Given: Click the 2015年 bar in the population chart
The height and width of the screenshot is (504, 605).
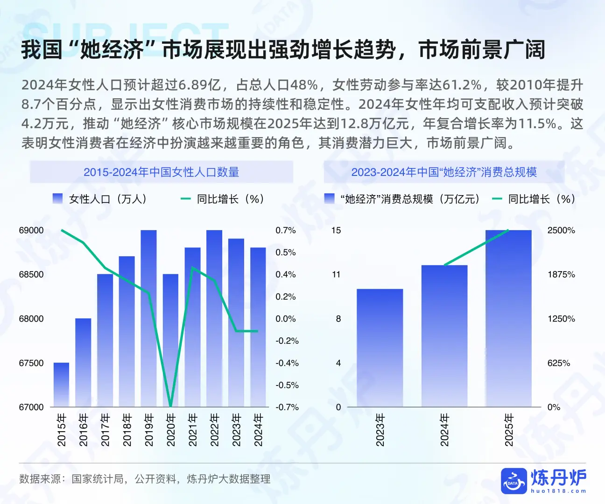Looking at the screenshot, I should click(61, 385).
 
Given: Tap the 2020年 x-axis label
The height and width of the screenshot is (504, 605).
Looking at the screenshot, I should click(171, 430).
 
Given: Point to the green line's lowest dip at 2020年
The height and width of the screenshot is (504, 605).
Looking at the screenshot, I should click(170, 405).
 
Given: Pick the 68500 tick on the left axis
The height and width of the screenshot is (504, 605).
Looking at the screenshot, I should click(31, 274).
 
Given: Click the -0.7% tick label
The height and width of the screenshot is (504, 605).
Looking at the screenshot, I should click(287, 407).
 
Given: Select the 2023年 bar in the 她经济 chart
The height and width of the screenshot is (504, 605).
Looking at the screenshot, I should click(380, 348).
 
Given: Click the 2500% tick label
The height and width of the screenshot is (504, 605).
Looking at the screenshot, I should click(561, 231).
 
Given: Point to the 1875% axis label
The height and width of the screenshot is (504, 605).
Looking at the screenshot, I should click(561, 274).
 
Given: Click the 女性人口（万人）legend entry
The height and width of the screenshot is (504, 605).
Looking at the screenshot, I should click(100, 199).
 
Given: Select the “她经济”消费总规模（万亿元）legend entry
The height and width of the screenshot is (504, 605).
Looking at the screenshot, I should click(402, 199).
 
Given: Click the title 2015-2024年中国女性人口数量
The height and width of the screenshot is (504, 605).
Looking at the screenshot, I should click(161, 172).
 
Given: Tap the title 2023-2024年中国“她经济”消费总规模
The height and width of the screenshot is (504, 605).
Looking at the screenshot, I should click(444, 172).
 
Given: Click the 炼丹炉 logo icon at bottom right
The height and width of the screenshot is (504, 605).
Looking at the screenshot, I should click(514, 481).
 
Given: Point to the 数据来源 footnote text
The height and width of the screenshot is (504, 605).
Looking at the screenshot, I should click(145, 479).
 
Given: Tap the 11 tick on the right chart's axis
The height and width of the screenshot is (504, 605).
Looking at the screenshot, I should click(336, 274).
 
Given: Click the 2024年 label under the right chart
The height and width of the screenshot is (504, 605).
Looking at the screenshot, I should click(444, 430).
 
